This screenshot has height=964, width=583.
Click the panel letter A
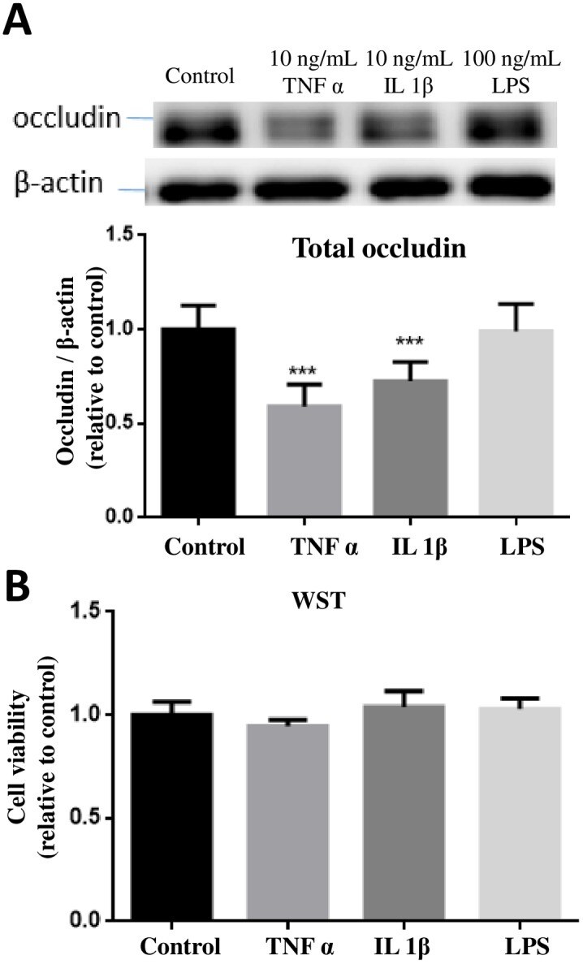[x=18, y=20]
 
